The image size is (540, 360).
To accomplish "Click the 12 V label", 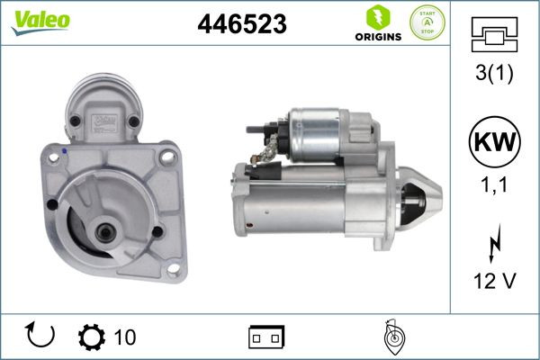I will coord(493,281).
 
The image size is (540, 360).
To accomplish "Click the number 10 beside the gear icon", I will coord(125,337).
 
